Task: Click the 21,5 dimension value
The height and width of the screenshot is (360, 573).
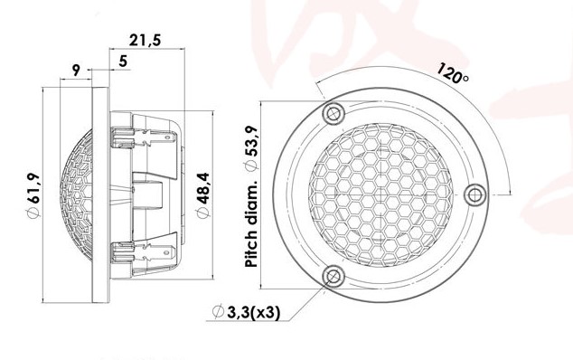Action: [146, 40]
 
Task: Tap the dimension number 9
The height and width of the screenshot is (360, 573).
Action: [76, 70]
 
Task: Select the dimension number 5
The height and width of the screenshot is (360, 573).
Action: [124, 62]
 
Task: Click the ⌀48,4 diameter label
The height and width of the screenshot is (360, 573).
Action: [202, 195]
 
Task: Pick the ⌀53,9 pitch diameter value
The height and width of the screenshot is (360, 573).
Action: [251, 147]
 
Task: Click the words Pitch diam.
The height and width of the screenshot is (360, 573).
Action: [251, 223]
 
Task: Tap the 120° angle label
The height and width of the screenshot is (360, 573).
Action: [453, 72]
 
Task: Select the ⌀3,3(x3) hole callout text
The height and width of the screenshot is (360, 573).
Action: [247, 312]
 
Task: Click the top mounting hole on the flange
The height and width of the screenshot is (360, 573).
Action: [333, 113]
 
